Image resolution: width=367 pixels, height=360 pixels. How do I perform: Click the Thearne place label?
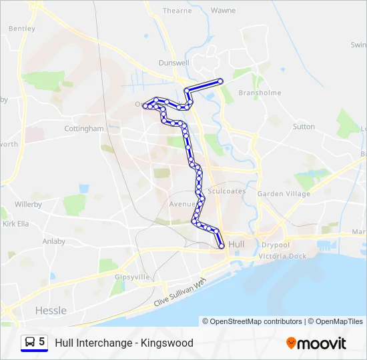point(177,11)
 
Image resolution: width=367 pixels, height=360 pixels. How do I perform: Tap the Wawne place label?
point(223,11)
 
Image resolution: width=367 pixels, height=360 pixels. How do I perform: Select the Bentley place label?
point(22,29)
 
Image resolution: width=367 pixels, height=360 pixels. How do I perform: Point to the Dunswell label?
point(174,63)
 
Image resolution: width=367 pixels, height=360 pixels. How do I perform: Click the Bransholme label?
point(260,93)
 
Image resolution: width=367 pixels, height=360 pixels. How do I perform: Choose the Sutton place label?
point(304,126)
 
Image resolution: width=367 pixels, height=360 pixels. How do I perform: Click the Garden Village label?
point(284,194)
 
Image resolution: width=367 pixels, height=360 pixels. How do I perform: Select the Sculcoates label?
point(226,191)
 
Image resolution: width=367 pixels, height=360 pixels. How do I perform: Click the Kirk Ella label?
point(16,224)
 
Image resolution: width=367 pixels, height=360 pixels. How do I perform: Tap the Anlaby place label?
point(53,241)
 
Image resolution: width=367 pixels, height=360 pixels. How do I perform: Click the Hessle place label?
point(51,310)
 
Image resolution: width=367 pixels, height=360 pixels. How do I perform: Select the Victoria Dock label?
point(282,256)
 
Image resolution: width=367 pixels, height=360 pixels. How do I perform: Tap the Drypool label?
point(275,245)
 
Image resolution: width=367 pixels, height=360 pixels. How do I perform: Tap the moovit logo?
point(316,343)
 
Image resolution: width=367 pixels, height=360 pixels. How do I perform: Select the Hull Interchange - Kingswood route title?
point(124,343)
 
